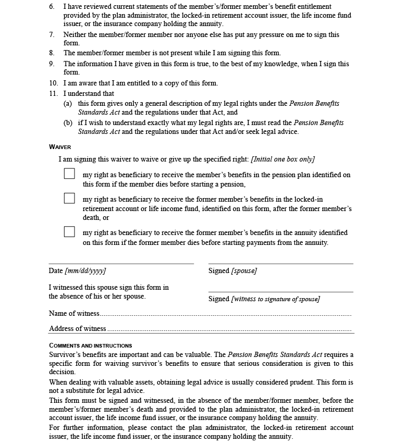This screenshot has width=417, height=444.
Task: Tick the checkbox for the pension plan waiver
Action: pos(69,174)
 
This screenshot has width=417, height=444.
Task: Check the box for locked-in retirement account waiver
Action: pos(69,198)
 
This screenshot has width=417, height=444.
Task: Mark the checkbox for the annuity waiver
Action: pos(69,231)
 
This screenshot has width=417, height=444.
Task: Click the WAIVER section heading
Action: pos(60,147)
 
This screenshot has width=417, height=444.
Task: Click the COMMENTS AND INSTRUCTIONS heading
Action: pos(90,346)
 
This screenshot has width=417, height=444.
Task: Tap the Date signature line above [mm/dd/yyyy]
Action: pos(121,263)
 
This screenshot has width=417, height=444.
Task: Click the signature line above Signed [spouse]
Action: pos(280,263)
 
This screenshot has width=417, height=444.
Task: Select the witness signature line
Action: pos(280,291)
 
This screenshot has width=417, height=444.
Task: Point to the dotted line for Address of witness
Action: pos(229,330)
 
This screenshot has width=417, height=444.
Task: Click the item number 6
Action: pos(52,7)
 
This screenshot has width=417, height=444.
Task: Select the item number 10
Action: pos(53,83)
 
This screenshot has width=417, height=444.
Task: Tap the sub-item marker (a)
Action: pos(68,103)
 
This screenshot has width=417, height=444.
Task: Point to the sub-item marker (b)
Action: pos(68,123)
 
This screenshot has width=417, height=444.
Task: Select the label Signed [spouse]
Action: pos(232,271)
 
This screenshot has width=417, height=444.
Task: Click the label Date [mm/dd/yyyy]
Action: pos(77,271)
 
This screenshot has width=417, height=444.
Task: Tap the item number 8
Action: pos(52,53)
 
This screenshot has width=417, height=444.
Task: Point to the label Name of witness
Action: pos(73,314)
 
